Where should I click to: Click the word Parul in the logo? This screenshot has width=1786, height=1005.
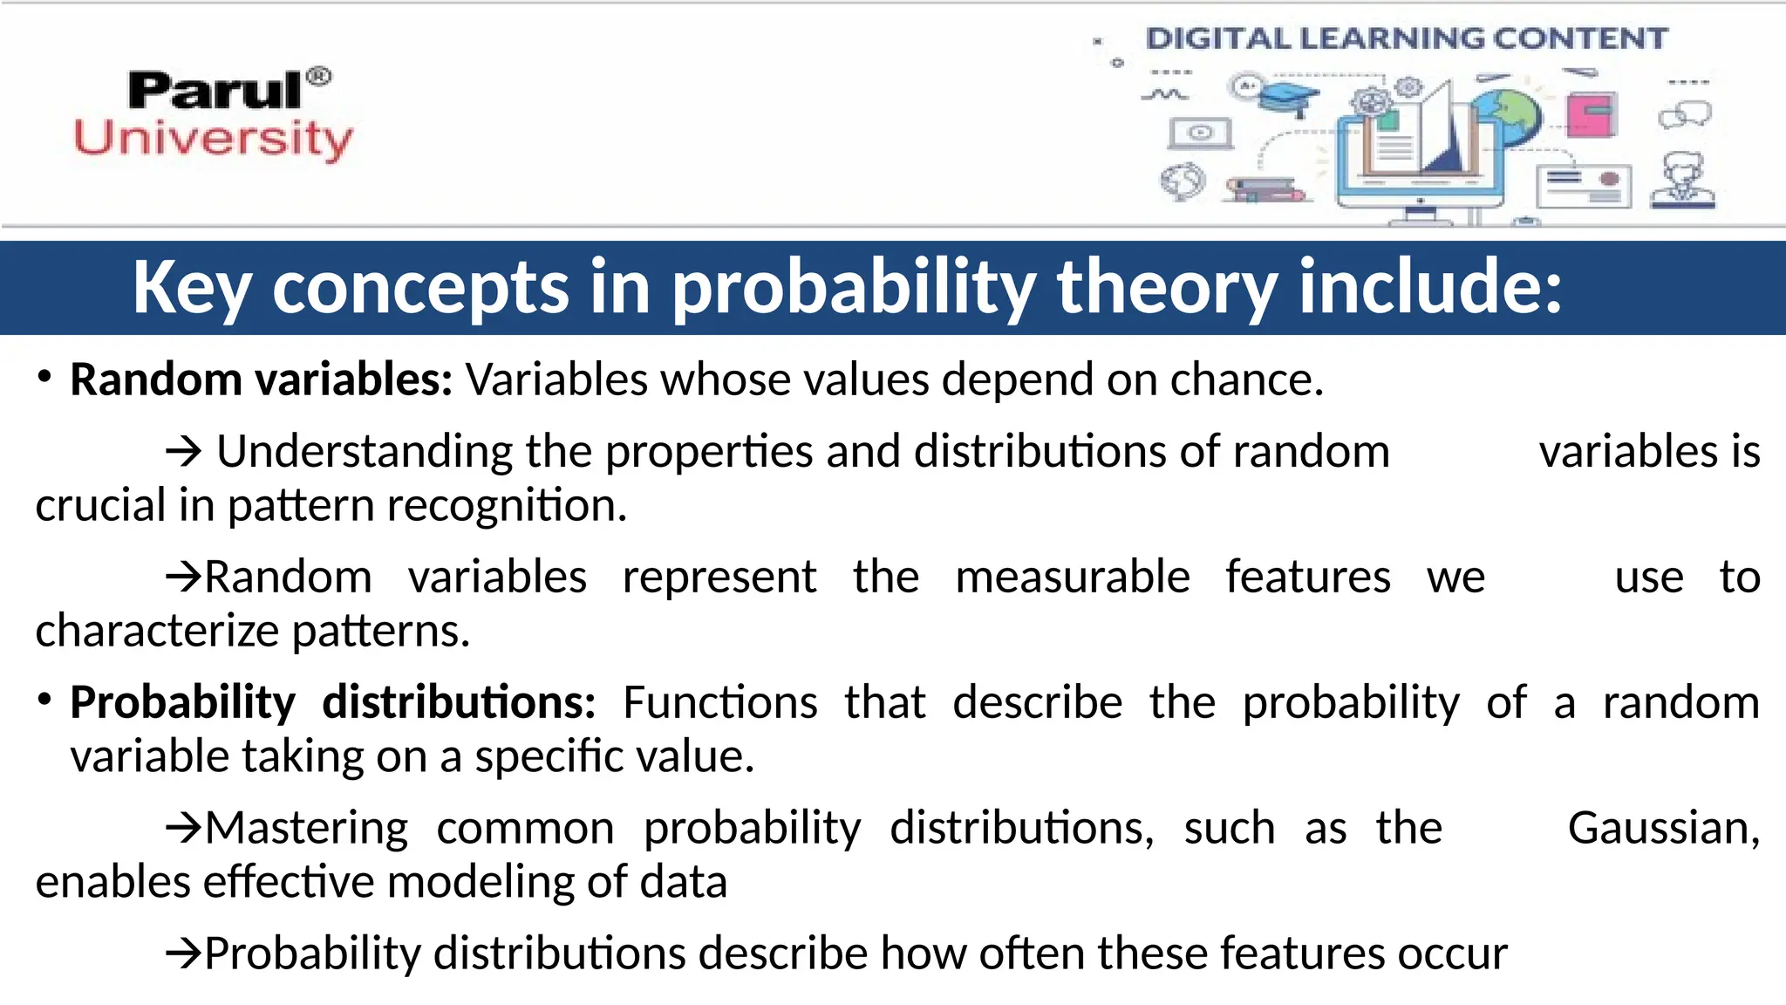214,91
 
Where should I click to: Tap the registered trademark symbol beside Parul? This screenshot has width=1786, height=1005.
319,77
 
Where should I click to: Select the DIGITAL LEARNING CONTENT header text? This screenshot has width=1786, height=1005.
1406,38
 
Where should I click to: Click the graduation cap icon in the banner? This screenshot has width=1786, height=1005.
1290,99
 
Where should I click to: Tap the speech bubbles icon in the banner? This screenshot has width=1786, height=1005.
1685,114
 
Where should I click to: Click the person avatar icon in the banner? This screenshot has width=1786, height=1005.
1684,180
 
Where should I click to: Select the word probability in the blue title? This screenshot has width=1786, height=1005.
855,288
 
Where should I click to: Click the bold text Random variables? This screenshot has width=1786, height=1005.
261,380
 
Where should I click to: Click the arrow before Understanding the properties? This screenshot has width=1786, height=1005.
184,452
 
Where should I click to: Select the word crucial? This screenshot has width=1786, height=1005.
100,506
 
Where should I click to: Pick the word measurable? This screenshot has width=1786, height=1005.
1072,578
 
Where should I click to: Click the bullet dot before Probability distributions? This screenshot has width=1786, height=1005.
45,700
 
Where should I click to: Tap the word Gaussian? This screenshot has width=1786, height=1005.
1662,828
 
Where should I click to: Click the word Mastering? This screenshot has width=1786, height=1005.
306,828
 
